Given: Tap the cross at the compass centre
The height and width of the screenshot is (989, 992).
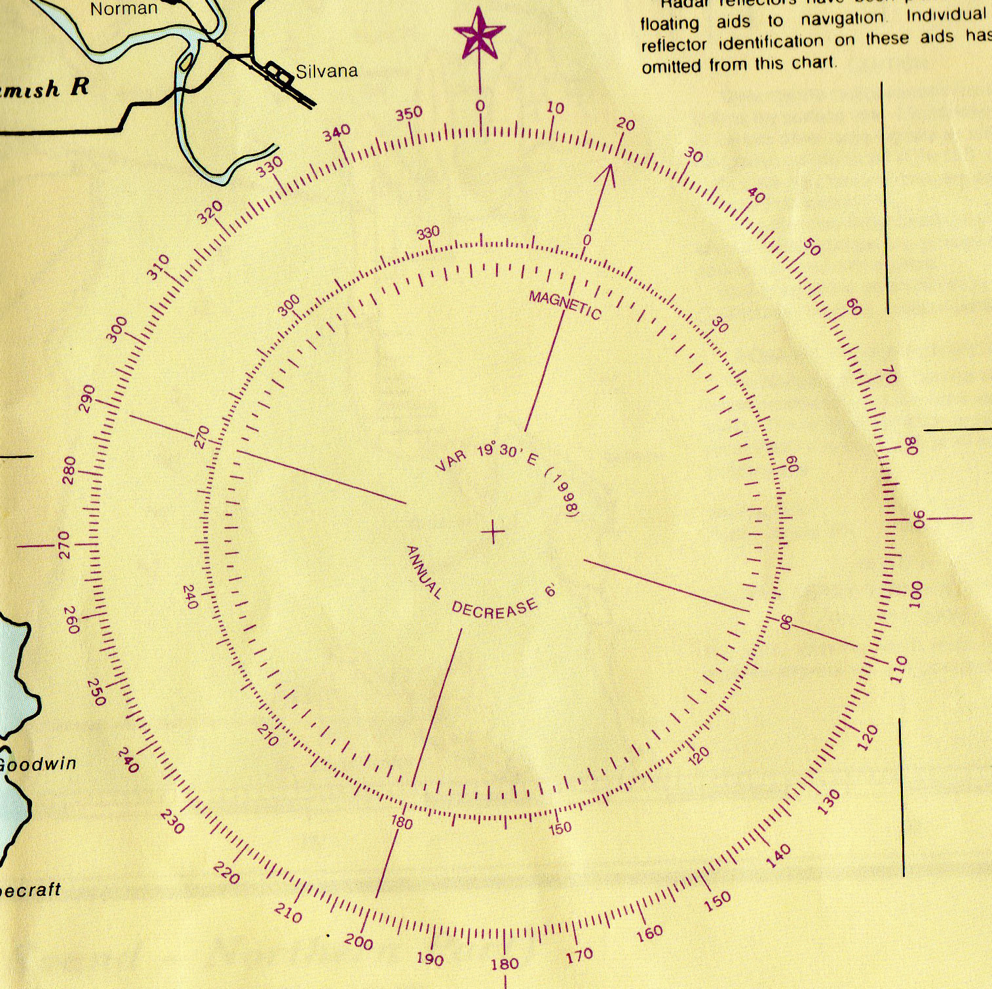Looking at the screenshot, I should (x=493, y=532).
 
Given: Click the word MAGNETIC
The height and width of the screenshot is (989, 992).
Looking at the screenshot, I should (x=565, y=305).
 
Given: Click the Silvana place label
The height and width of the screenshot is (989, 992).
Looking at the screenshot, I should (x=326, y=71).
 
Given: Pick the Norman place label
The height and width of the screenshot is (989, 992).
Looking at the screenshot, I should (x=123, y=9).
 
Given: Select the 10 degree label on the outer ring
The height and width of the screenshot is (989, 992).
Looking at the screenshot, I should (x=555, y=108).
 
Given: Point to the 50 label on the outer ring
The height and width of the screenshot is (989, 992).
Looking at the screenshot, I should (x=811, y=247).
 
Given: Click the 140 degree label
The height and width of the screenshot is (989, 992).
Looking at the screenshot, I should (x=778, y=856).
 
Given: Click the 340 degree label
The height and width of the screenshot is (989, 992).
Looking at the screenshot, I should (x=337, y=132).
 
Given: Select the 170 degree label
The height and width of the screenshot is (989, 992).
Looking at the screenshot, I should (x=580, y=956).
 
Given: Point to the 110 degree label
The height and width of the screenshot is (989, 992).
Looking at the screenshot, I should (x=898, y=669).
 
